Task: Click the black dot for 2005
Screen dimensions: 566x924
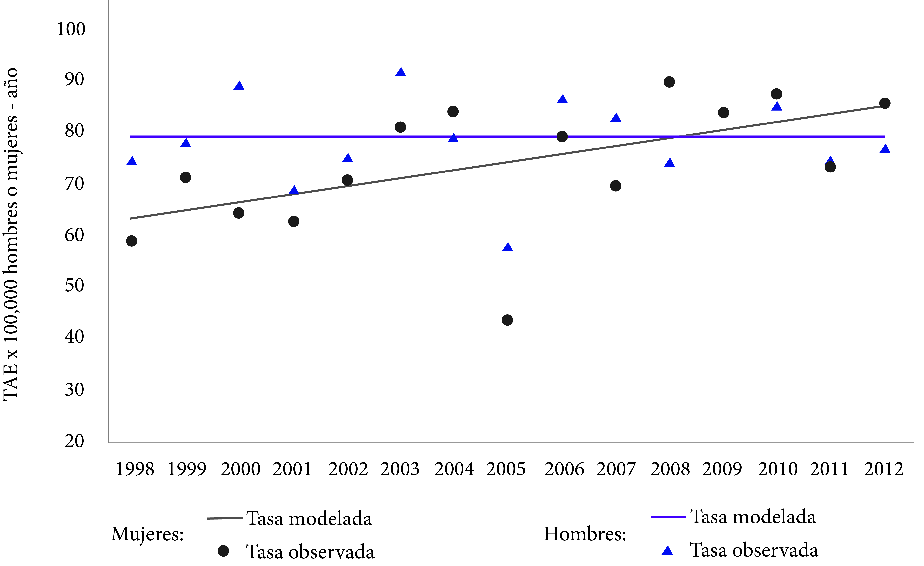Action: click(507, 320)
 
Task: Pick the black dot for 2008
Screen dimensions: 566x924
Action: click(669, 82)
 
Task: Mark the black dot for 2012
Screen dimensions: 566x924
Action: click(885, 103)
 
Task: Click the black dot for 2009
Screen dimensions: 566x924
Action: click(723, 112)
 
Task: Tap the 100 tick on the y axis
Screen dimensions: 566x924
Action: click(71, 29)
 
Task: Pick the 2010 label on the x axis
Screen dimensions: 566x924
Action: click(777, 469)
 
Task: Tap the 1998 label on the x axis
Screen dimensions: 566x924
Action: click(135, 469)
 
